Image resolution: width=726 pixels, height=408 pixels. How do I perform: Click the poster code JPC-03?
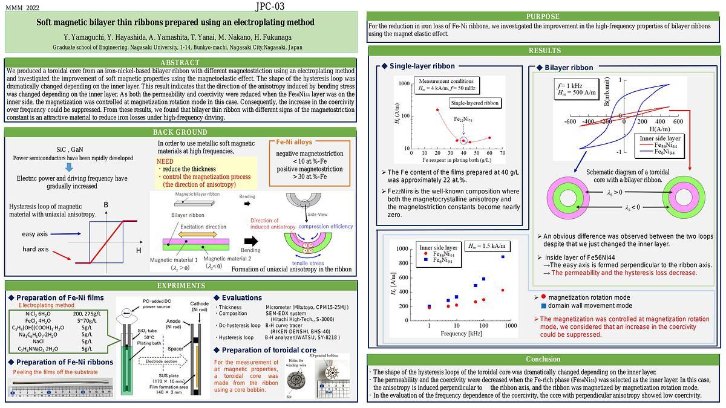pyautogui.click(x=269, y=7)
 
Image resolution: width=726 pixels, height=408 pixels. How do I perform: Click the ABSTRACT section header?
pyautogui.click(x=180, y=63)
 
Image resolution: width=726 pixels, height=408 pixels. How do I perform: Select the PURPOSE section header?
pyautogui.click(x=543, y=16)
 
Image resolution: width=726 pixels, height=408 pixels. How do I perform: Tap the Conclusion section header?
pyautogui.click(x=543, y=359)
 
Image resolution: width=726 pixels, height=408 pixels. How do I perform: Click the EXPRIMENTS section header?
pyautogui.click(x=180, y=285)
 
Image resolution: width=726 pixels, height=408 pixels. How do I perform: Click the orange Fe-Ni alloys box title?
pyautogui.click(x=294, y=142)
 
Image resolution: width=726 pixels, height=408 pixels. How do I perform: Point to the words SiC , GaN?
pyautogui.click(x=70, y=149)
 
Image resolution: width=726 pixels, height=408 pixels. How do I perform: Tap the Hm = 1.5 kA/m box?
pyautogui.click(x=486, y=246)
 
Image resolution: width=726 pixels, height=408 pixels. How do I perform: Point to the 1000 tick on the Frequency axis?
pyautogui.click(x=510, y=326)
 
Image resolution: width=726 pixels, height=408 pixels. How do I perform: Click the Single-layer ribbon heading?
pyautogui.click(x=422, y=66)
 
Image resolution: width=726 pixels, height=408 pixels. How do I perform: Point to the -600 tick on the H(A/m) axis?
pyautogui.click(x=569, y=121)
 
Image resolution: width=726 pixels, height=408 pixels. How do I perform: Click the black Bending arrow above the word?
pyautogui.click(x=250, y=241)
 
